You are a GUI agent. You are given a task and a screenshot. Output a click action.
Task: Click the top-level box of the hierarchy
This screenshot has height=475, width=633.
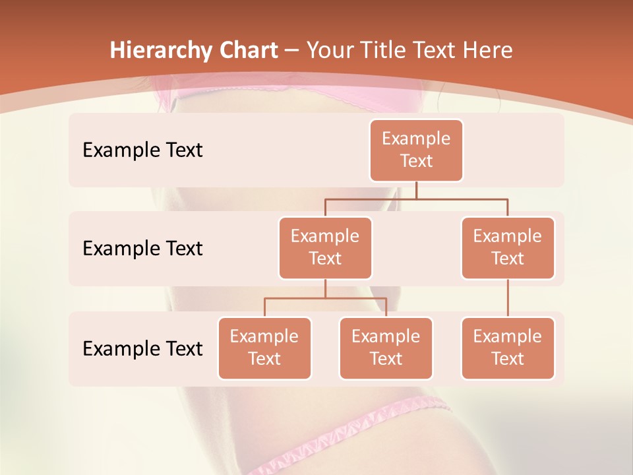coord(416,150)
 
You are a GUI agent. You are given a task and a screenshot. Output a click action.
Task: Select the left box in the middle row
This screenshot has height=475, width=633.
coord(325,247)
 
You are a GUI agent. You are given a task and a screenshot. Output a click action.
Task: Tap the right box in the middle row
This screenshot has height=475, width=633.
coord(508,247)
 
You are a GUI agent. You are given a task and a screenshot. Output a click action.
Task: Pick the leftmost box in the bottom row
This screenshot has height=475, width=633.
coord(264,348)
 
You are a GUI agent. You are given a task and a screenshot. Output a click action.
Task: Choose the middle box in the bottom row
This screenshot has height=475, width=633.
coord(386,348)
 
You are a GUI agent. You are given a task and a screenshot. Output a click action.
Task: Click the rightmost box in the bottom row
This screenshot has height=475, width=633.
coord(508,348)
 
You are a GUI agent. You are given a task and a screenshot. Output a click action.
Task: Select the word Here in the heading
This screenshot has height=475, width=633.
coord(489,51)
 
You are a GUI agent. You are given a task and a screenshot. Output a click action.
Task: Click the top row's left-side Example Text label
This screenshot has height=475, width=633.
coord(142,150)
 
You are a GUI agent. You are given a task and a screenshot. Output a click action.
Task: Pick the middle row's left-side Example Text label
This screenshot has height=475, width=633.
coord(142,249)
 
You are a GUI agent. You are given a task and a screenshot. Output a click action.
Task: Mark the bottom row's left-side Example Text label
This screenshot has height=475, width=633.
coord(142,348)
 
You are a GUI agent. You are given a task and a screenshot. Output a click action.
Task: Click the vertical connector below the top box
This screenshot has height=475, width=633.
coord(416,190)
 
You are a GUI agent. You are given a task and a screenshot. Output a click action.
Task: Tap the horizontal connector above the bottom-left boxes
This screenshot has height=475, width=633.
coord(325,298)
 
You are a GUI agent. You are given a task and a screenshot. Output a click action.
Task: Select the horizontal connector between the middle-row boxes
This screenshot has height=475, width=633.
coord(416,199)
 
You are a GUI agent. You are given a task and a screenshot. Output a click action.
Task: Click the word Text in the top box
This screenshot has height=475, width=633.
coord(416,161)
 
